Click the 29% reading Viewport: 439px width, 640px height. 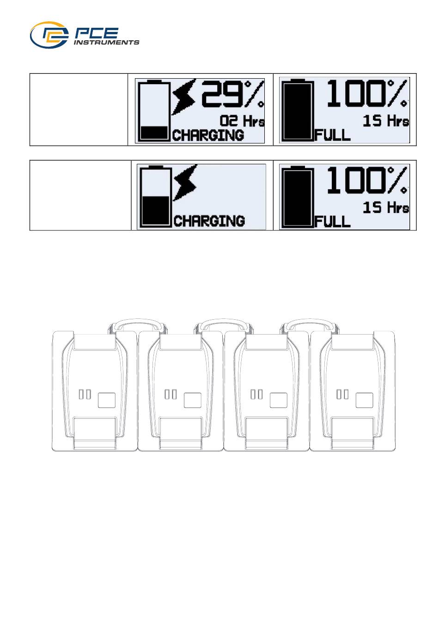point(232,94)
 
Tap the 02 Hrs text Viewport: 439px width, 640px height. point(242,121)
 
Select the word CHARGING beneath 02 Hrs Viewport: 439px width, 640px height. point(208,135)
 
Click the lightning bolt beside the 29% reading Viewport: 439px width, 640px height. point(184,97)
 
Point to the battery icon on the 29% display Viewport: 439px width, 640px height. point(154,111)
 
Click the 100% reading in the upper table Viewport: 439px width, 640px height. point(367,94)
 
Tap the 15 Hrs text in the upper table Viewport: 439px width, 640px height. point(386,121)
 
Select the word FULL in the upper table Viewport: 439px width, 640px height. point(333,135)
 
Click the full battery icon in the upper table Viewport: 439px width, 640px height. point(298,111)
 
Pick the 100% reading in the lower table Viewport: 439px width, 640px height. point(367,180)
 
